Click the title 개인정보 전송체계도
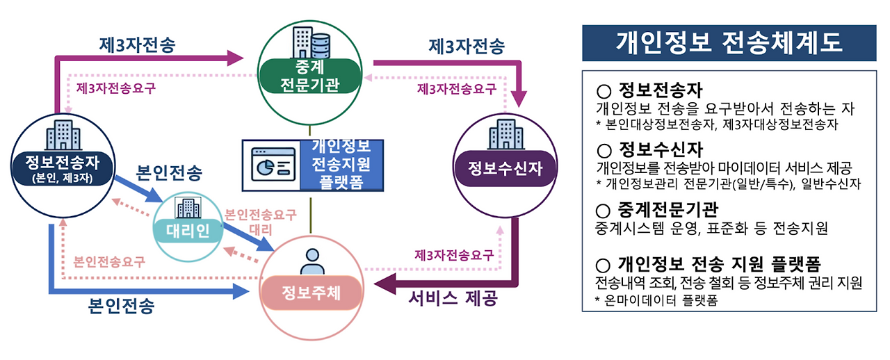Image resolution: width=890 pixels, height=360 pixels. point(729,42)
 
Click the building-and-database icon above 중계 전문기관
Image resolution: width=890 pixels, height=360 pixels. point(311,41)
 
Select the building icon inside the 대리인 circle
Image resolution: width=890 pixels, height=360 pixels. point(189,208)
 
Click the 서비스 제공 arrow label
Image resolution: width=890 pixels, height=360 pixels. point(453,300)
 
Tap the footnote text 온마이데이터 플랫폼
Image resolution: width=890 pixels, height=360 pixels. point(661,300)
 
